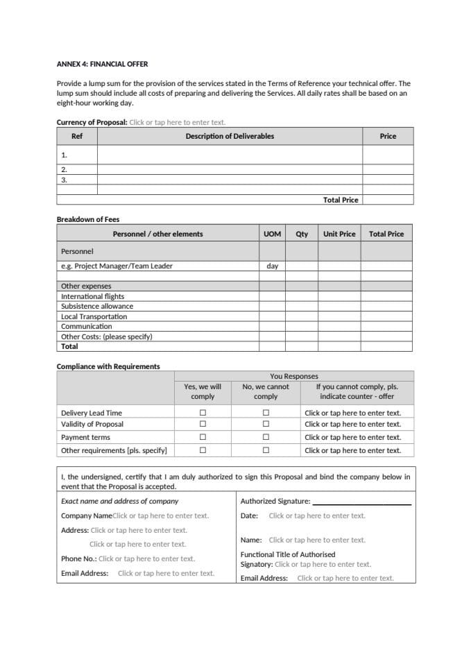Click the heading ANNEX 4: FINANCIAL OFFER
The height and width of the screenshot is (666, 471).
[101, 64]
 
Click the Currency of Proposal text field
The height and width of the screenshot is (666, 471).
[177, 122]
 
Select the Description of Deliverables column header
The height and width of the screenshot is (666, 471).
[229, 136]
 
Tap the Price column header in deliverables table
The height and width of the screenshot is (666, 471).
[388, 136]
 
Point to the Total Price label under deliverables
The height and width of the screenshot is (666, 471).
[341, 200]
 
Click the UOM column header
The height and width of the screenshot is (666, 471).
[273, 234]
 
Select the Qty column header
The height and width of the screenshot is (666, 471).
[302, 234]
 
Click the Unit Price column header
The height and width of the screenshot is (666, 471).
[339, 234]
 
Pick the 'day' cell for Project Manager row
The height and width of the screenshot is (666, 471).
[273, 266]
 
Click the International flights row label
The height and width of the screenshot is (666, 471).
[92, 296]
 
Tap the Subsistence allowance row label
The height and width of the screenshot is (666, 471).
[96, 306]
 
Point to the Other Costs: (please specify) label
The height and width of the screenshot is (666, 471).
[106, 336]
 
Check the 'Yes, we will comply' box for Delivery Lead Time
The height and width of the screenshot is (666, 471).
[203, 413]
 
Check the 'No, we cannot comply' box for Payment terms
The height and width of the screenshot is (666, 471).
[266, 437]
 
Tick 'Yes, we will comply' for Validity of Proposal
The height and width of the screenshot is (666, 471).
[203, 424]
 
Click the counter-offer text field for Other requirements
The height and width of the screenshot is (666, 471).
[352, 450]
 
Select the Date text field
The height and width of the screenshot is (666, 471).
[316, 515]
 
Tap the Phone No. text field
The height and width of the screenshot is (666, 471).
[146, 558]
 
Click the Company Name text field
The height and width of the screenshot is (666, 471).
[160, 515]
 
